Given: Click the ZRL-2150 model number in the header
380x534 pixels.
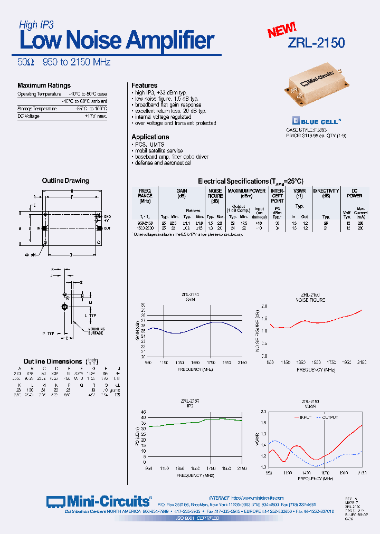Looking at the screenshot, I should pos(316,43).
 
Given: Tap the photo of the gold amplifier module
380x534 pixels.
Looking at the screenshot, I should pos(315,85).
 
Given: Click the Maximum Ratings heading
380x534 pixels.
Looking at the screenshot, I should pos(44,85).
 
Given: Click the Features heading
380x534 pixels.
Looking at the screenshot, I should pos(144,85).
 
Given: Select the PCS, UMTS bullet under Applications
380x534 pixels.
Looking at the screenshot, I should pos(149,145).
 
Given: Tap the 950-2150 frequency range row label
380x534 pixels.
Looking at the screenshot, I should pos(145,223).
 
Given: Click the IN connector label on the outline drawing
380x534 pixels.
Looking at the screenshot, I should pos(38,228).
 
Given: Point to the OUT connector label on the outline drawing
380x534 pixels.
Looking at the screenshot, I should pos(107,228).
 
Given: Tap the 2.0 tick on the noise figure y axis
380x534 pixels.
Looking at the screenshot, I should pos(264,306).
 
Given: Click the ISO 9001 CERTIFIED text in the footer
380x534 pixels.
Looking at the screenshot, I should pos(198,518).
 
